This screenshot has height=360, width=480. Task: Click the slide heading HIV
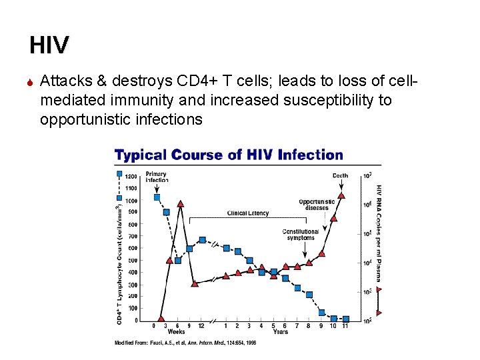click(x=49, y=45)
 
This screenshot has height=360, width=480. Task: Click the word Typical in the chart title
click(x=140, y=155)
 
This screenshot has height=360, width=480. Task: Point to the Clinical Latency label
click(x=248, y=213)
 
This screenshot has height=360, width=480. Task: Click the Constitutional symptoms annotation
click(x=300, y=235)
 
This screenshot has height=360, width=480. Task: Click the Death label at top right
click(x=340, y=176)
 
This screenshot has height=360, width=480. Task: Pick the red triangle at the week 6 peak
click(x=181, y=203)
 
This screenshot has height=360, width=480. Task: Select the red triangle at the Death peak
click(x=341, y=195)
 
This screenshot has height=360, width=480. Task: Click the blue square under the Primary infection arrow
click(x=157, y=197)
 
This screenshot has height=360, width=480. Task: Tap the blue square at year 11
click(x=345, y=319)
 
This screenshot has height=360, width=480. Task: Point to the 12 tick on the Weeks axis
click(x=201, y=325)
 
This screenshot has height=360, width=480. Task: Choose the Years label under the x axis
click(x=280, y=331)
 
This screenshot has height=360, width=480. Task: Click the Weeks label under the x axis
click(x=176, y=331)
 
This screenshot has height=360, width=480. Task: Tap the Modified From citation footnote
click(x=185, y=343)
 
